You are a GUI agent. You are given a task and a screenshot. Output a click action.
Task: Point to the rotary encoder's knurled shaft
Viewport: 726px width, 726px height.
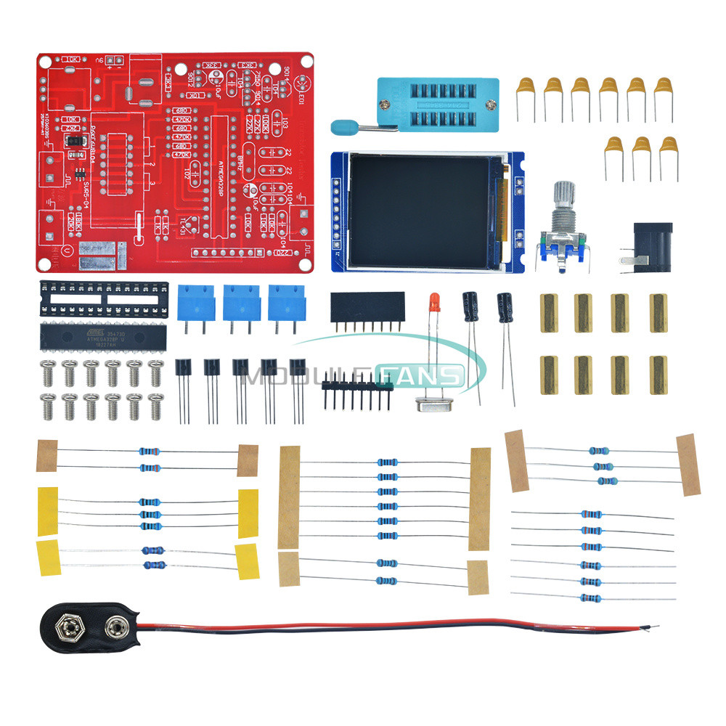coord(564,199)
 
